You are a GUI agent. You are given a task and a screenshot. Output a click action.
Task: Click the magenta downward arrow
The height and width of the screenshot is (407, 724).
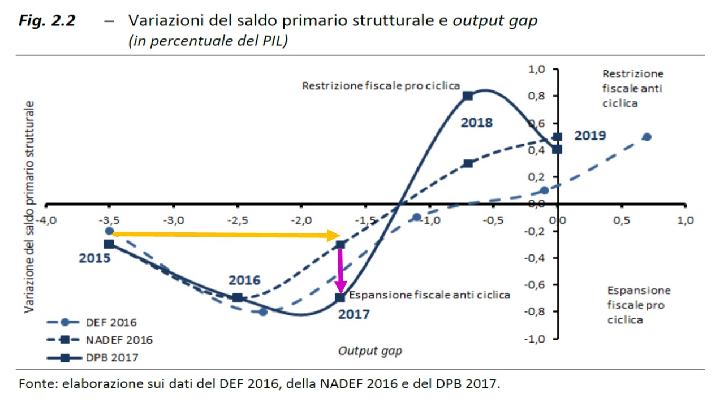[x=341, y=270]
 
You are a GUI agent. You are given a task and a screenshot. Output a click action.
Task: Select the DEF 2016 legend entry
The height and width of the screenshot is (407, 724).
[x=100, y=323]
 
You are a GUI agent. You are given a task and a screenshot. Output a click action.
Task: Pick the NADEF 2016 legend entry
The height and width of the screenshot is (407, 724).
[x=100, y=340]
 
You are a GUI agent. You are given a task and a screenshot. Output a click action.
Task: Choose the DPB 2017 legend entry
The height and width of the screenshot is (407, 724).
[x=100, y=358]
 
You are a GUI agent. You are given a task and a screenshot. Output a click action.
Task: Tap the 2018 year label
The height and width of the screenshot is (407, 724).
[x=476, y=123]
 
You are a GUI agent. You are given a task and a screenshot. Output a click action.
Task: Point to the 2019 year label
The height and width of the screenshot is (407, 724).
[x=590, y=136]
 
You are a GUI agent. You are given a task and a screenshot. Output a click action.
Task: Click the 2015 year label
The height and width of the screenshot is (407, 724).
[x=94, y=259]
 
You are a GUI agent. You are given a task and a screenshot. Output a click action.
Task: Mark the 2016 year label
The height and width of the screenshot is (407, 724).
[x=244, y=280]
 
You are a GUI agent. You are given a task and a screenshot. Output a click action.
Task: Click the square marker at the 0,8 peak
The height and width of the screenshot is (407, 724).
[x=468, y=96]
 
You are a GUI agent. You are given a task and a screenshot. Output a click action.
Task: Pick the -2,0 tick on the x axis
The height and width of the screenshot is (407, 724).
[x=301, y=220]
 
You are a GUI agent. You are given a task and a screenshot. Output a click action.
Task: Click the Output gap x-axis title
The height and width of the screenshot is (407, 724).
[x=370, y=351]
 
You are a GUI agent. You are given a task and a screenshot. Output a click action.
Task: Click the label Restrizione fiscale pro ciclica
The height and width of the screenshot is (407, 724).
[x=381, y=86]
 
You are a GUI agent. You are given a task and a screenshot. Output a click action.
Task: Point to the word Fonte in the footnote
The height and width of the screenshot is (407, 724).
[x=37, y=384]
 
